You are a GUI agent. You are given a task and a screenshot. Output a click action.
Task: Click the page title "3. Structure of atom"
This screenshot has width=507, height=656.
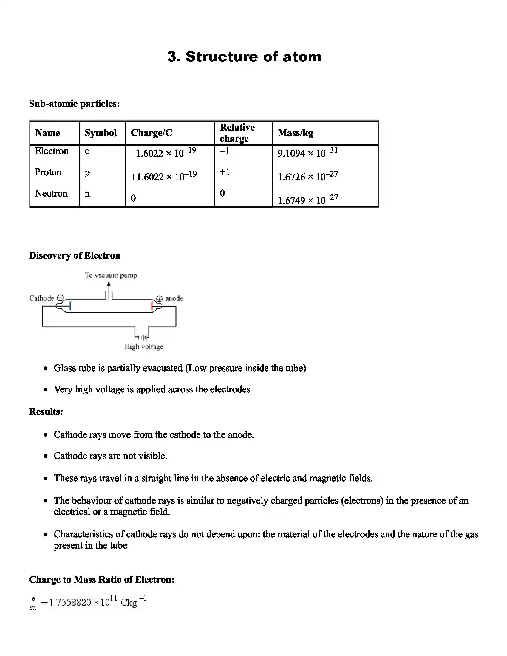(x=244, y=57)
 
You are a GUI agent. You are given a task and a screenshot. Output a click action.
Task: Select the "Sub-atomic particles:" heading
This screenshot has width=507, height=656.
(x=74, y=104)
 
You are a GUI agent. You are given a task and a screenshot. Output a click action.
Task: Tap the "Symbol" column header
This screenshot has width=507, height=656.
(x=101, y=133)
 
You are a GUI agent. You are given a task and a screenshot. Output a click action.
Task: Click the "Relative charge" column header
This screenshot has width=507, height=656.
(x=237, y=133)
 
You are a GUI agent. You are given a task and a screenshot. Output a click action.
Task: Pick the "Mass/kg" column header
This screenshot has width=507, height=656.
(x=295, y=133)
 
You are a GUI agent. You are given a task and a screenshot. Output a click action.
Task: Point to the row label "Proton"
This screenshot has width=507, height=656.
(x=48, y=172)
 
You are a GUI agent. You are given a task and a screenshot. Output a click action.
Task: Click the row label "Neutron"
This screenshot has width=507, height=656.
(x=51, y=193)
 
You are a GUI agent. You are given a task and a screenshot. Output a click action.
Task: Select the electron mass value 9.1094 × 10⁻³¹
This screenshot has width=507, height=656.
(x=307, y=153)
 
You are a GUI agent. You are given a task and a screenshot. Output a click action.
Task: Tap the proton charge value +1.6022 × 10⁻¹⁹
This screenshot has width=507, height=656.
(x=163, y=176)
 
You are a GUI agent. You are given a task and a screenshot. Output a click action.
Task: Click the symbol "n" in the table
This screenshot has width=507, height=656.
(x=87, y=194)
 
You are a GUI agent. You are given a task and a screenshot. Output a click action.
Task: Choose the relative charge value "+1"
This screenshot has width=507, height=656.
(x=224, y=172)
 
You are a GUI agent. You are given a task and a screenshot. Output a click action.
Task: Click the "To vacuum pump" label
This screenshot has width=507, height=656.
(x=111, y=275)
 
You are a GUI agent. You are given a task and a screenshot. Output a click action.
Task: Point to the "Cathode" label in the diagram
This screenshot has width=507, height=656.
(x=41, y=298)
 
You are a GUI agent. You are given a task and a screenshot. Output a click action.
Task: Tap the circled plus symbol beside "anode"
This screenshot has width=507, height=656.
(x=159, y=299)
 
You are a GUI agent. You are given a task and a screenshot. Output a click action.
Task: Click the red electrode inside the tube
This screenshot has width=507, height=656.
(x=152, y=306)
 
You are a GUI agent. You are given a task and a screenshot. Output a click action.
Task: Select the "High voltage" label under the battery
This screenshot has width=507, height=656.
(x=144, y=346)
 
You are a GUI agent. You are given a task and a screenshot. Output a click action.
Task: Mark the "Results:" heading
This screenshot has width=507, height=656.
(x=46, y=411)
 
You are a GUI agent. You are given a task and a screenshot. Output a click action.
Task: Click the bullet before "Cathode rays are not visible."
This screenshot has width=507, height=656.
(x=46, y=456)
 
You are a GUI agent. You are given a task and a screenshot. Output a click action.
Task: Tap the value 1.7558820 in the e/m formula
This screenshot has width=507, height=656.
(x=70, y=603)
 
